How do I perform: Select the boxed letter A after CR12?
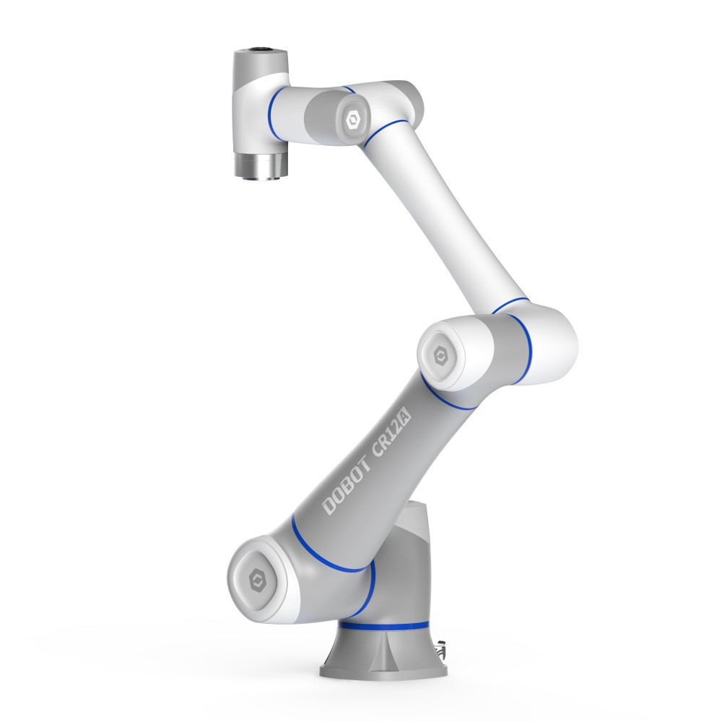coord(405,417)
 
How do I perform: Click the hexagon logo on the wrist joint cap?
coord(353,120)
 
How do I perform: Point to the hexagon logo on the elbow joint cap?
coord(440,355)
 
